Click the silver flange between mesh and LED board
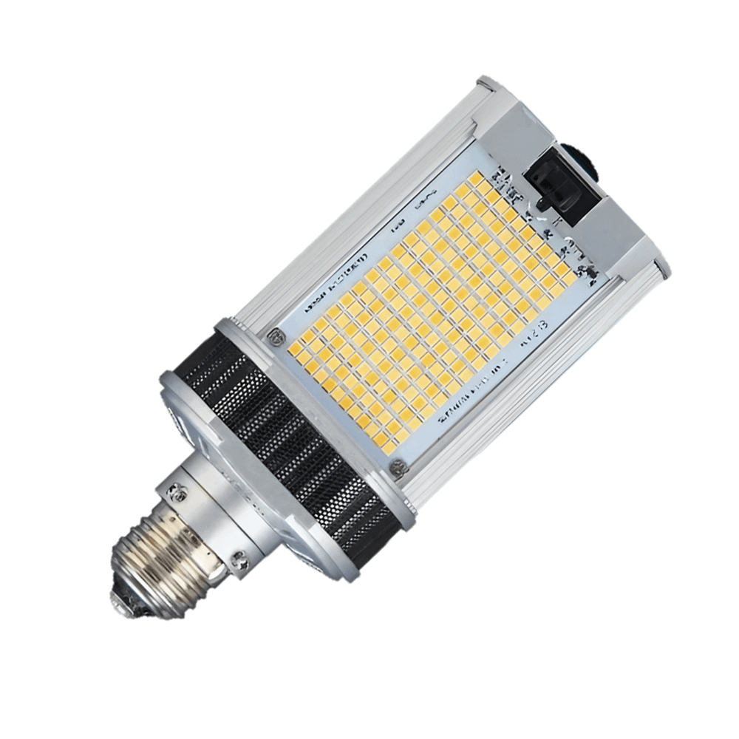(x=325, y=406)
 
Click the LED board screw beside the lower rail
(x=398, y=467)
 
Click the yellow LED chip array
(x=429, y=310)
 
